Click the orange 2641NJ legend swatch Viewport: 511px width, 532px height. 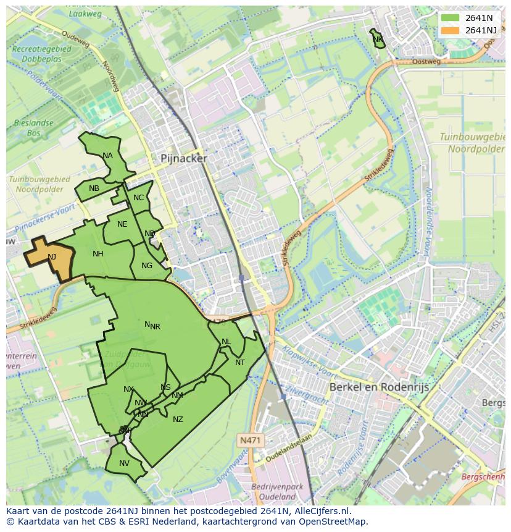click(x=451, y=30)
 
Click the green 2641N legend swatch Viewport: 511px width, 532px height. click(x=451, y=18)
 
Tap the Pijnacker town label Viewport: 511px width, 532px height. click(x=184, y=158)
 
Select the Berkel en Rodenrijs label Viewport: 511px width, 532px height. click(x=379, y=387)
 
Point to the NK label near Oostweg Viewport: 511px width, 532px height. click(x=378, y=40)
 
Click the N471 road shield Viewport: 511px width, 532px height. click(x=250, y=440)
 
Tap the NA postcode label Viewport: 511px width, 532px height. click(x=108, y=156)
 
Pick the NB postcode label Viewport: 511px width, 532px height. click(x=94, y=188)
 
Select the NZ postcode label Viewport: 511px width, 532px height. click(x=178, y=420)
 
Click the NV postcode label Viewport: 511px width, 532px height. click(x=124, y=463)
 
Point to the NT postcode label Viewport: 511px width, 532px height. click(x=240, y=363)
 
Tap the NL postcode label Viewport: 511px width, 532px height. click(x=226, y=342)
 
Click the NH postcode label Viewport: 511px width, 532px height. click(x=98, y=254)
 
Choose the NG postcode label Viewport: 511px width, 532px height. click(x=146, y=266)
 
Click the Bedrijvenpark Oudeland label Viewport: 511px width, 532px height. click(x=277, y=491)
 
